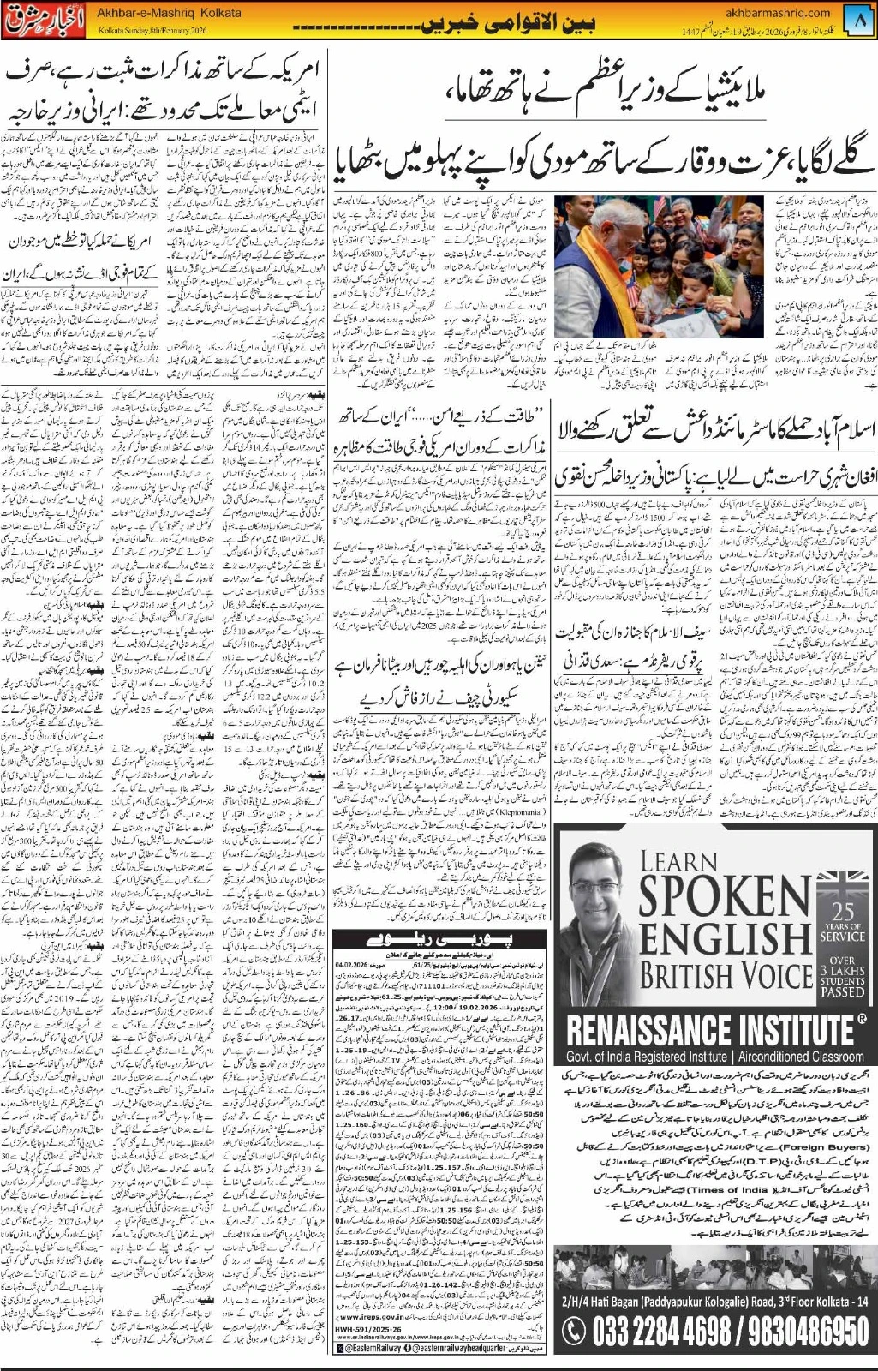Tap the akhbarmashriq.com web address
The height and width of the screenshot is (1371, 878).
(777, 13)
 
